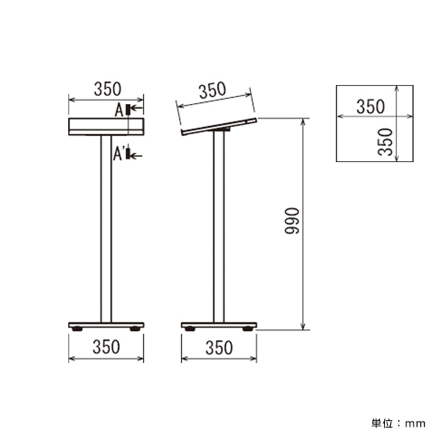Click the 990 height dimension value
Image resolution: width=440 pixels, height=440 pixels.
292,221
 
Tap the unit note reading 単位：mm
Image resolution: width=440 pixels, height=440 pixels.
398,423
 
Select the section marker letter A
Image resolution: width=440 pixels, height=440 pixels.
119,110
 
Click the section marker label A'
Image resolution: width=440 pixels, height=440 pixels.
118,154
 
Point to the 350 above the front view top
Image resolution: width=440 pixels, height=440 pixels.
108,89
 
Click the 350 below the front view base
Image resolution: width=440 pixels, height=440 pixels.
106,347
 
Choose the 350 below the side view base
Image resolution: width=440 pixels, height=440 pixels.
219,348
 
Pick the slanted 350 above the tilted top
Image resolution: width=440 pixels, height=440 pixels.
213,90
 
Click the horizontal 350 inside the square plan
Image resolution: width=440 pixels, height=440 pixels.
370,106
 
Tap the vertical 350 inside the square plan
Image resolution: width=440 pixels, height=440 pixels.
385,142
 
